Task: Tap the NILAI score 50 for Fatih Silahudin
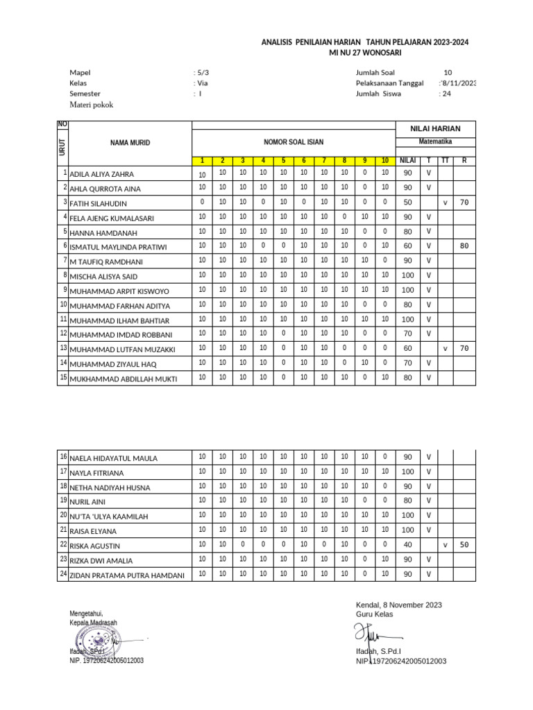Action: (x=407, y=202)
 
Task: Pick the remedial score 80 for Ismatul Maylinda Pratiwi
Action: (x=464, y=245)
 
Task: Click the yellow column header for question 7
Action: (x=323, y=161)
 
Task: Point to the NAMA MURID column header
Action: (x=130, y=143)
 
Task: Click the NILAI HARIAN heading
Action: (x=435, y=129)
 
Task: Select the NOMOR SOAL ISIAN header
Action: (x=293, y=142)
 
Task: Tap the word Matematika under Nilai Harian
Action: (x=435, y=141)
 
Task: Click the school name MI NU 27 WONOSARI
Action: (x=364, y=53)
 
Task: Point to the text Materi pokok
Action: (x=91, y=105)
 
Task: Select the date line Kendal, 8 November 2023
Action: (x=398, y=605)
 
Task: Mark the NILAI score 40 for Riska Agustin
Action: (x=407, y=545)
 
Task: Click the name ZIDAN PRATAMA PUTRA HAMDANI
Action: (x=127, y=575)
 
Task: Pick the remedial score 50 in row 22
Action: (x=464, y=545)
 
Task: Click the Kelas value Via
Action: (x=203, y=83)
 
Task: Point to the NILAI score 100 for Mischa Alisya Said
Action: (x=407, y=275)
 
